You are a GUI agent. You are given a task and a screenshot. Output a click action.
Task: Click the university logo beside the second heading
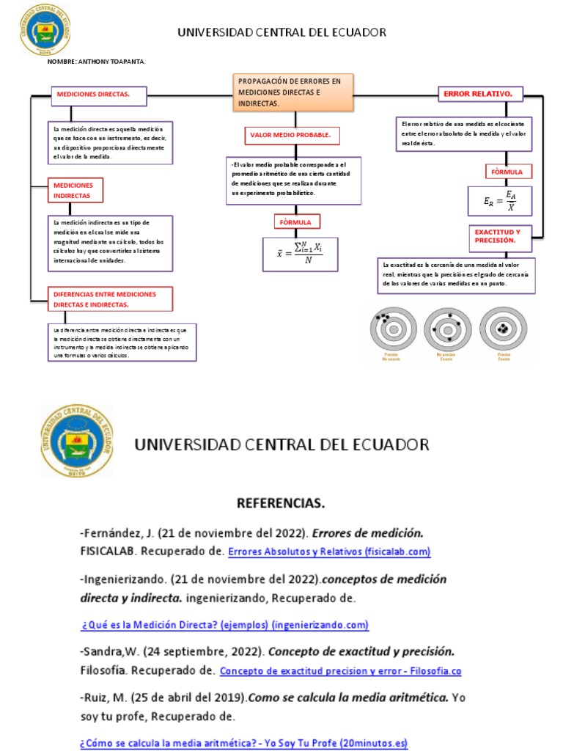[78, 442]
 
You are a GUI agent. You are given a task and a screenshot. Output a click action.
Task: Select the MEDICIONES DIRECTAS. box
[98, 95]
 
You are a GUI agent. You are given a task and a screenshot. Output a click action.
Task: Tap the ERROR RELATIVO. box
[481, 95]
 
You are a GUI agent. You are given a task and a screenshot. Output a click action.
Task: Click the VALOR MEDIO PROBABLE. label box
[291, 136]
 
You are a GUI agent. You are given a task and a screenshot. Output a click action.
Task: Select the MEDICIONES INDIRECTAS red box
[76, 191]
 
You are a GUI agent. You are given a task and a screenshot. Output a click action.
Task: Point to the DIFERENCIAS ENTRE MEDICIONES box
[110, 298]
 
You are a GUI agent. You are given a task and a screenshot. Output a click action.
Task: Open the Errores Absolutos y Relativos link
[329, 552]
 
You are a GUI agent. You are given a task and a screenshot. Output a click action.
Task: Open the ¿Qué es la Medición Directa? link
[225, 625]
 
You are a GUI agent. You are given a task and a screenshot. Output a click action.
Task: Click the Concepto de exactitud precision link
[340, 671]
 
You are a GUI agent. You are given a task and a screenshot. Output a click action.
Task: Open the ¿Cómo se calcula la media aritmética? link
[243, 743]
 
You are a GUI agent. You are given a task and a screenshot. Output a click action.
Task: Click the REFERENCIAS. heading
[280, 504]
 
